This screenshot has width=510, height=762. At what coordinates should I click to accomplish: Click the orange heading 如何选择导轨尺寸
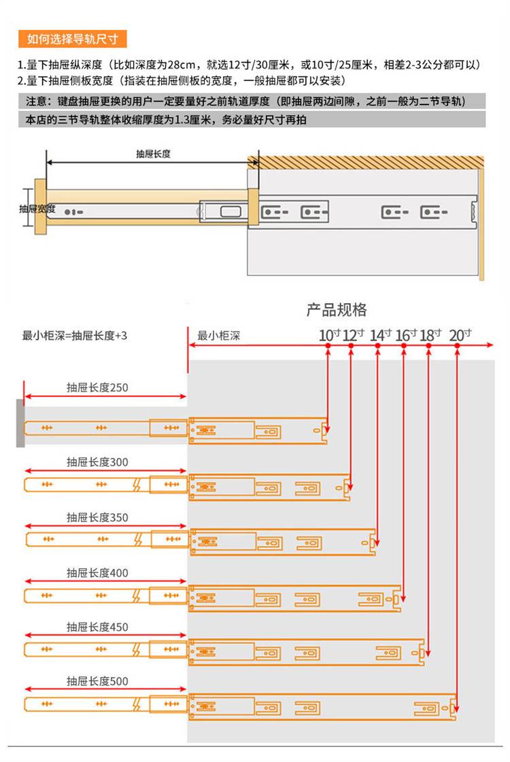[x=73, y=39]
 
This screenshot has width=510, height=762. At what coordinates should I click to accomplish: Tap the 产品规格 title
[x=337, y=310]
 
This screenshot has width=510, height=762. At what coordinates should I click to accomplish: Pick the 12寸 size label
[x=353, y=334]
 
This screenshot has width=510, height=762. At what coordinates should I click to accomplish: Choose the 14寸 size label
[x=380, y=334]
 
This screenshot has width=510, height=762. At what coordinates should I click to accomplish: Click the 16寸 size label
[x=405, y=334]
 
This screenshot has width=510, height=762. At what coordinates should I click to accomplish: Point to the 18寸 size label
[x=430, y=334]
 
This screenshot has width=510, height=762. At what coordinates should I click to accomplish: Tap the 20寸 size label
[x=460, y=334]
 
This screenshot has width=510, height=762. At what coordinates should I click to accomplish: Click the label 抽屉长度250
[x=97, y=388]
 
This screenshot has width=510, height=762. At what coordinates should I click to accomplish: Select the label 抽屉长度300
[x=97, y=462]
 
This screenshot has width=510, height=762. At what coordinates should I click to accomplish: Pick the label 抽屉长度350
[x=97, y=517]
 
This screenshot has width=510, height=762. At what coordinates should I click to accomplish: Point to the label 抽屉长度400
[x=97, y=573]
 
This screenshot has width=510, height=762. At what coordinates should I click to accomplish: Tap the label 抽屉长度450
[x=97, y=627]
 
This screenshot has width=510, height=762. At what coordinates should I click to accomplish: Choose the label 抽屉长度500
[x=97, y=681]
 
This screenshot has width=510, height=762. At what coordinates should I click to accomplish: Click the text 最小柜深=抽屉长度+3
[x=75, y=335]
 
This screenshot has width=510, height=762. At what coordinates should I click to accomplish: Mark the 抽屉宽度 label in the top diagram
[x=37, y=209]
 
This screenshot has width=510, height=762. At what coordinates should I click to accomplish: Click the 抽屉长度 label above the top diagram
[x=153, y=154]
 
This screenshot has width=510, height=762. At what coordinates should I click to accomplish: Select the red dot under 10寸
[x=328, y=346]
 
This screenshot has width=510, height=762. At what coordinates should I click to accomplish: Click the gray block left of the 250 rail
[x=20, y=423]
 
